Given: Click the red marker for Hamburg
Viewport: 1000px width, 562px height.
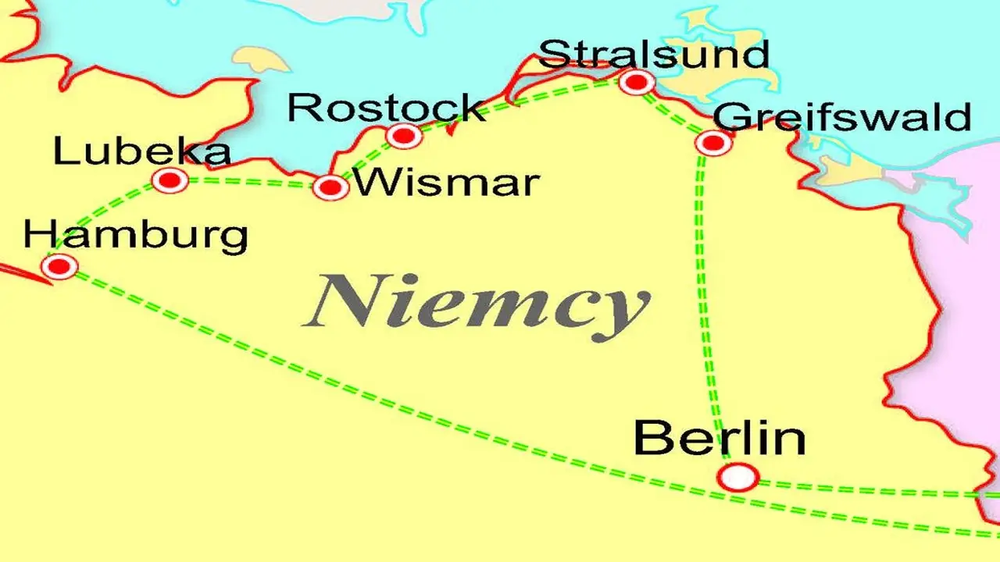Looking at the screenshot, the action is click(59, 267).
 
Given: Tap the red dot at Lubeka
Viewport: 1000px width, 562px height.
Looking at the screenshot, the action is click(170, 181).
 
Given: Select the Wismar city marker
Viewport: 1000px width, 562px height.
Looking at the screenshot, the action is click(330, 187).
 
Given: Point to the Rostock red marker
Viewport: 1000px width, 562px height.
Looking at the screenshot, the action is click(404, 136).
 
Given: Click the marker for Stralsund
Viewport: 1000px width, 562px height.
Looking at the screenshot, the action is click(637, 81).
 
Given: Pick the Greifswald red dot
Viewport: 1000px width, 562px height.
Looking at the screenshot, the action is click(712, 143).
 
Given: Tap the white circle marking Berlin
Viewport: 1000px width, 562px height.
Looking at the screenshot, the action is click(738, 476).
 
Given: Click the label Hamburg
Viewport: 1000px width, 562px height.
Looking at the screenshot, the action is click(136, 235).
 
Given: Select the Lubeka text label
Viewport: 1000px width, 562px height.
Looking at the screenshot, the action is click(141, 152).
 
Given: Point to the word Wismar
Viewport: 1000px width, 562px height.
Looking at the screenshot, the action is click(446, 183).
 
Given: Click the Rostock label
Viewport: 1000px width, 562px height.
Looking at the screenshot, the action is click(386, 108).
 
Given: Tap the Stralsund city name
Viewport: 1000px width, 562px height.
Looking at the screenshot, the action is click(654, 55).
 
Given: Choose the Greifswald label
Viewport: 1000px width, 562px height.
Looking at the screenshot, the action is click(842, 117).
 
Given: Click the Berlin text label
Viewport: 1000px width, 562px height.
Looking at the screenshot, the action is click(719, 438).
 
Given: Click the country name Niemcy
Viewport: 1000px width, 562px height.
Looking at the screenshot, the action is click(477, 304).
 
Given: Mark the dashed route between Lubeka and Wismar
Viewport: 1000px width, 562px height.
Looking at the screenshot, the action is click(250, 182).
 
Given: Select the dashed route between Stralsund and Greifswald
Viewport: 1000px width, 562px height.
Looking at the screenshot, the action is click(674, 114).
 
